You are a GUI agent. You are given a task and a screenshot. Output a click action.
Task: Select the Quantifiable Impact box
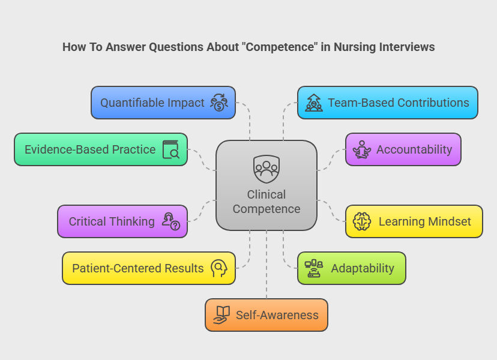point(163,103)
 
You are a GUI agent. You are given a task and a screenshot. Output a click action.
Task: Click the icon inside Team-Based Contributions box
point(313,103)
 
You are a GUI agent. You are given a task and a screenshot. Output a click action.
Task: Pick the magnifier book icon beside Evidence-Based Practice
point(171,149)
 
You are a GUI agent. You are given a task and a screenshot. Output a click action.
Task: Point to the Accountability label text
point(414,149)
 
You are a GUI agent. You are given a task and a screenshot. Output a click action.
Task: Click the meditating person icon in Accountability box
point(361,149)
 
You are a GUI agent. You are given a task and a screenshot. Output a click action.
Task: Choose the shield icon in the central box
point(266,169)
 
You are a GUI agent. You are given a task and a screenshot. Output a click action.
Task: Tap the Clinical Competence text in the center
point(267,202)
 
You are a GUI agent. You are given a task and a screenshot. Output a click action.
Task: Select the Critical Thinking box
point(122,221)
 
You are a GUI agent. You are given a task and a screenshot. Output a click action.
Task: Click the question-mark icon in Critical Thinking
point(170,221)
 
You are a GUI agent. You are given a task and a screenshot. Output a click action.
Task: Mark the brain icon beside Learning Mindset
point(362,221)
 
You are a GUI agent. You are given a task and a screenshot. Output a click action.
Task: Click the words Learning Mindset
point(424,221)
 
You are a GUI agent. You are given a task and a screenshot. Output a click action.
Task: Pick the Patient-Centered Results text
point(138,268)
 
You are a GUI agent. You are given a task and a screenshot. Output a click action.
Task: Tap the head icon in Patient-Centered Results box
point(218,268)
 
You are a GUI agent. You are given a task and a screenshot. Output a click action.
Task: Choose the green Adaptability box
point(351,268)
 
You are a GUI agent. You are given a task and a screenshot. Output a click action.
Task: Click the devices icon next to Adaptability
point(313,268)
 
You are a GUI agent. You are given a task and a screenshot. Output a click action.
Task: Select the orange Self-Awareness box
point(267,315)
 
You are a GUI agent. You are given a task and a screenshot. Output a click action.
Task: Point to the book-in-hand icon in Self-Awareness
point(221,315)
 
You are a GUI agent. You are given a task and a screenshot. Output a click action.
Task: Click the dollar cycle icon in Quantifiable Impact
point(218,103)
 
